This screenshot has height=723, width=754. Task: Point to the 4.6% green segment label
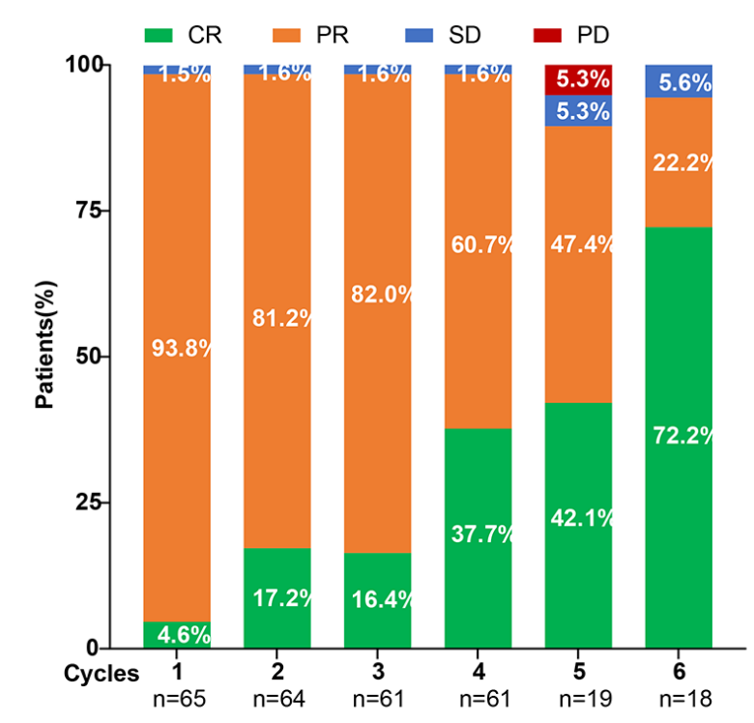[179, 636]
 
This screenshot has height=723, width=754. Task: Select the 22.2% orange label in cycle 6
[681, 161]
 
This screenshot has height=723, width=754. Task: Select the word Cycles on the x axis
[101, 674]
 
